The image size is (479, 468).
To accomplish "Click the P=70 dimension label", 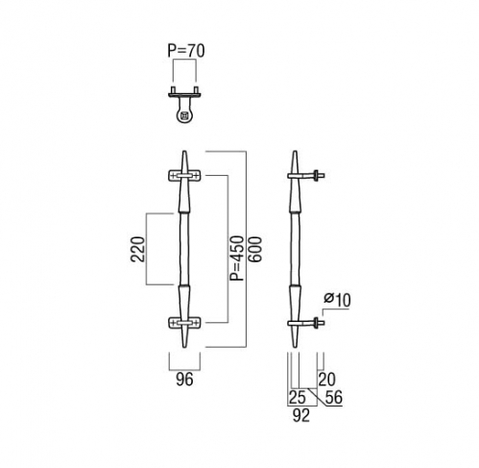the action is (186, 51).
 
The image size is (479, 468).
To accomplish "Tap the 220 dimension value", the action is (138, 249).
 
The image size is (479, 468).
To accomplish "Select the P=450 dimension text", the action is (237, 259).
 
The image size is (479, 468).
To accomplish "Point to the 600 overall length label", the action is (255, 250).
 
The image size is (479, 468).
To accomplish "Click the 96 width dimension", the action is (184, 380).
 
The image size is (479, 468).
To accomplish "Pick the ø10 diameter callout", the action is (337, 300).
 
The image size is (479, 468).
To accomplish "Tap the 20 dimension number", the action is (326, 380).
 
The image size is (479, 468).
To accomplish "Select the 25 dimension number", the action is (298, 398).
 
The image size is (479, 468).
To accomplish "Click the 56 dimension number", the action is (333, 398).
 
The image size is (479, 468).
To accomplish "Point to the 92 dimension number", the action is (301, 415).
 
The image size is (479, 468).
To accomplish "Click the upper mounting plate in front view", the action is (184, 176).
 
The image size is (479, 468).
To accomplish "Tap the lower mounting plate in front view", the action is (184, 323).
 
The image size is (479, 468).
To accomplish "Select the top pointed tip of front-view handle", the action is (184, 151).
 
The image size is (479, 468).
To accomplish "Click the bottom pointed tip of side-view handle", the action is (295, 347).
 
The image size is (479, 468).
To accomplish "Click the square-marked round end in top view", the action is (184, 115).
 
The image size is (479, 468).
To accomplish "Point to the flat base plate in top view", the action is (184, 94).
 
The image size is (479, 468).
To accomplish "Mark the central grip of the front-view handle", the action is (184, 249).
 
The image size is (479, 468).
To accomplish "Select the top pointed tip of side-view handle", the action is (295, 152).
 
